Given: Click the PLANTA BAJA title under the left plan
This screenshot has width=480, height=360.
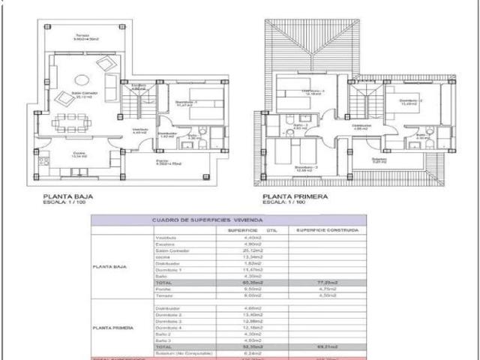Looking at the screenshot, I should click(x=68, y=196).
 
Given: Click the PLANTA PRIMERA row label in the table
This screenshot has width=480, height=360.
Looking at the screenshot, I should click(x=113, y=328).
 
